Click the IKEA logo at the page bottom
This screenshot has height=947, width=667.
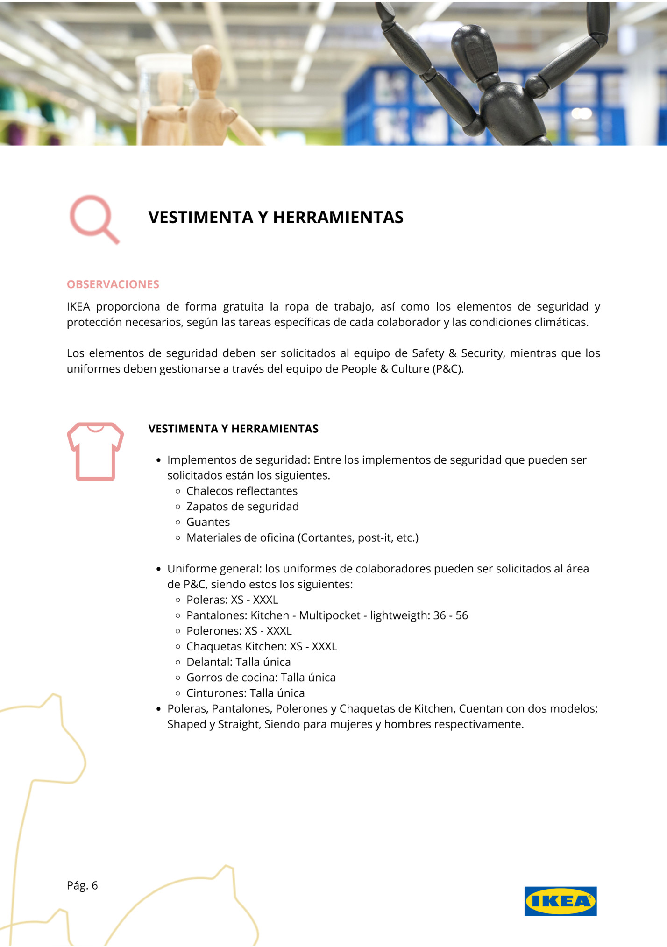tap(560, 901)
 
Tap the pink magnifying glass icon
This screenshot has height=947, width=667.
tap(93, 218)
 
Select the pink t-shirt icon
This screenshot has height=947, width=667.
tap(95, 451)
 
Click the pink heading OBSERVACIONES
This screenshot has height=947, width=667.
tap(113, 284)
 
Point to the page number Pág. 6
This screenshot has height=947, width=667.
tap(82, 885)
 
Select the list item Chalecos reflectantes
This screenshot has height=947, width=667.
tap(241, 491)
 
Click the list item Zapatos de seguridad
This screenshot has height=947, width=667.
tap(242, 506)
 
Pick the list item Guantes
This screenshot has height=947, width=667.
tap(208, 522)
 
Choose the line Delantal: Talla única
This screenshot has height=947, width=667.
tap(238, 662)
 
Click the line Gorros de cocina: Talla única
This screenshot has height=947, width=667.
tap(261, 678)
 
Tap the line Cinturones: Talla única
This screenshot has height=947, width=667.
tap(245, 693)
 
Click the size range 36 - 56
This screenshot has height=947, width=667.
tap(450, 615)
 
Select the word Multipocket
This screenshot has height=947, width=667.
tap(330, 615)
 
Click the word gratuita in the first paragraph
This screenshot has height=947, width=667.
tap(243, 307)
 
